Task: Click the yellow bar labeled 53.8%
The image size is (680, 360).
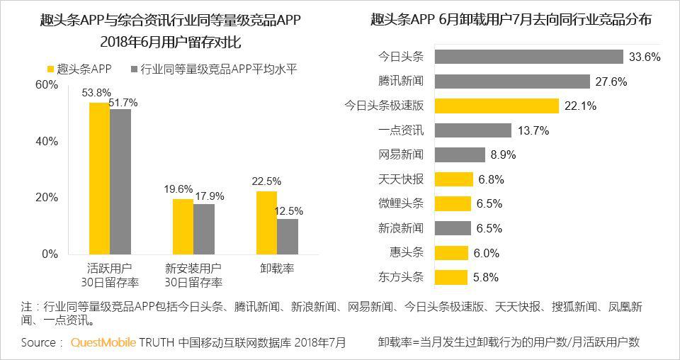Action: [x=99, y=178]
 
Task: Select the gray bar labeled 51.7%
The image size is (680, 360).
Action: [x=120, y=181]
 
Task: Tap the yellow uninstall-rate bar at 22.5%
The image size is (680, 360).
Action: [x=266, y=222]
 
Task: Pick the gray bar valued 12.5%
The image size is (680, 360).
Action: [x=287, y=236]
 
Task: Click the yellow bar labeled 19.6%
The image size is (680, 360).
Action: [x=183, y=226]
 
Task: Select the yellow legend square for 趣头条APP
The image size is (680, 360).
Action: [x=50, y=69]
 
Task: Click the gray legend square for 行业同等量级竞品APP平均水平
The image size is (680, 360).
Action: [x=133, y=69]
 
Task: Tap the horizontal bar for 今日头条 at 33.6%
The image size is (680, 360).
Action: [x=528, y=57]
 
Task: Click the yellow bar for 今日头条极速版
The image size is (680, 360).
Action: [x=496, y=106]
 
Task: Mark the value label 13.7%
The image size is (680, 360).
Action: [x=533, y=130]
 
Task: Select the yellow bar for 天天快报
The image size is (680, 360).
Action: [x=453, y=179]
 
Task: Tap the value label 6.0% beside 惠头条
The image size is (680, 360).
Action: [x=487, y=253]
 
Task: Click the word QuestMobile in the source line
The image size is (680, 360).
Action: [x=103, y=343]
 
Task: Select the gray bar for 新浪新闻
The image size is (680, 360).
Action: [x=452, y=228]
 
